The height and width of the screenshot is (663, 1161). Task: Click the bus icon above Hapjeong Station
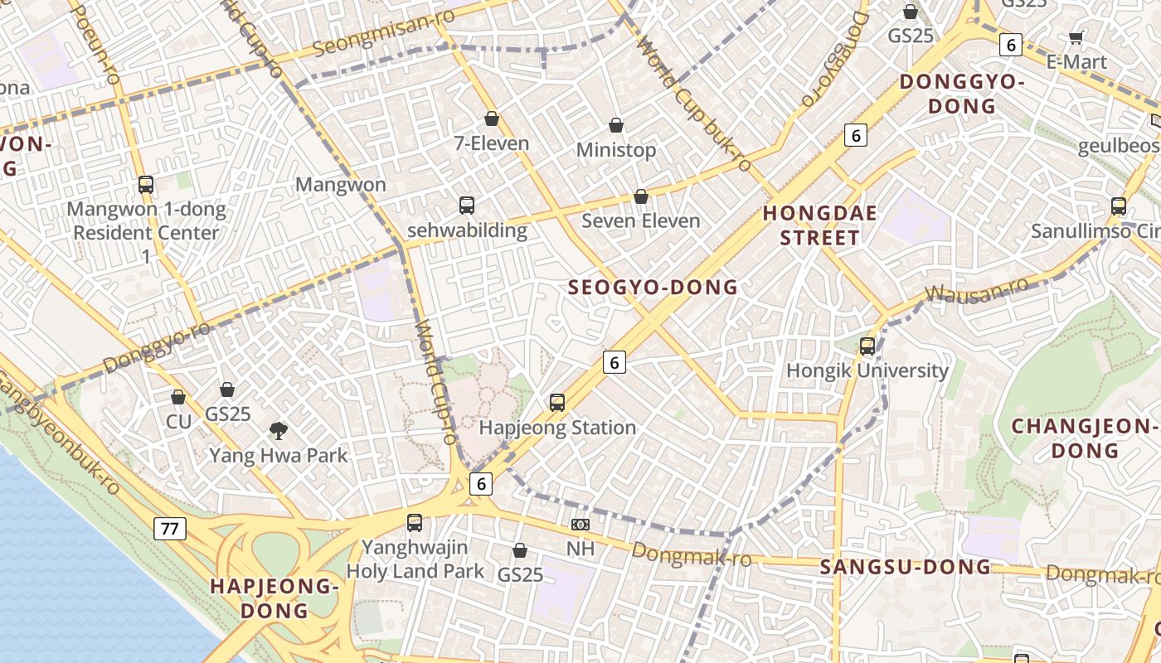(x=557, y=403)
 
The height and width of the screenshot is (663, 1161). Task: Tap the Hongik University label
(x=867, y=370)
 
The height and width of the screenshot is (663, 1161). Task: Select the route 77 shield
(x=169, y=529)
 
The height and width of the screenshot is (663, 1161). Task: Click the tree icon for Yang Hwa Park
(x=279, y=430)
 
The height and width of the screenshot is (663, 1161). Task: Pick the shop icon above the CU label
(x=178, y=397)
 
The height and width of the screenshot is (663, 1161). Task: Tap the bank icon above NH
(x=580, y=524)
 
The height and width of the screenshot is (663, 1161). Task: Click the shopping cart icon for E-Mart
(x=1076, y=36)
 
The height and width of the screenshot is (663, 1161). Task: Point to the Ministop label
(x=616, y=150)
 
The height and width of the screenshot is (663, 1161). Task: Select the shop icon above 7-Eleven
(x=492, y=119)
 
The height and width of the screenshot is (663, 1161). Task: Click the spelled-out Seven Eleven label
(x=640, y=220)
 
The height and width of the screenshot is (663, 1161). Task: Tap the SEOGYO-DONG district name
(x=653, y=288)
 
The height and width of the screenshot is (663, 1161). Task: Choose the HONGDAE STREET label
(x=819, y=225)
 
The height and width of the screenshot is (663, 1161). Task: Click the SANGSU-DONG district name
(x=906, y=567)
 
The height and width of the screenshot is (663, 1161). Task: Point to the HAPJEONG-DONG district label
(x=274, y=598)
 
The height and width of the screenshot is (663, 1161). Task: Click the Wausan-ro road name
(x=976, y=290)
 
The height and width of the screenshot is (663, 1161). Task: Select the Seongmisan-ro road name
(x=384, y=33)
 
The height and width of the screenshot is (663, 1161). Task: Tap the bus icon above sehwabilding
(x=467, y=205)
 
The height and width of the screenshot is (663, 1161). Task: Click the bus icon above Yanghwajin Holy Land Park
(x=415, y=523)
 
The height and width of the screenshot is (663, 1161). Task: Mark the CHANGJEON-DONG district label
(x=1085, y=438)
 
